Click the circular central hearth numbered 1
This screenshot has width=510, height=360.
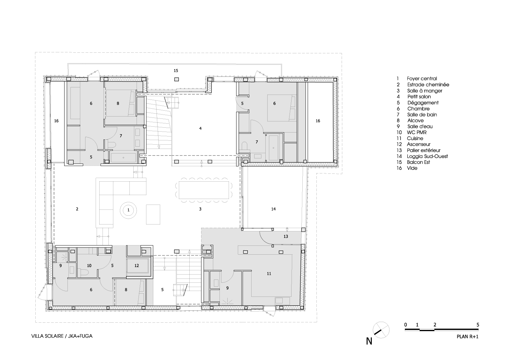(x=128, y=210)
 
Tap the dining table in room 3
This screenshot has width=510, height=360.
(x=204, y=190)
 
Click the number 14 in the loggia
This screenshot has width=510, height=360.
(x=274, y=209)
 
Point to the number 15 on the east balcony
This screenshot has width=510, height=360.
(x=176, y=70)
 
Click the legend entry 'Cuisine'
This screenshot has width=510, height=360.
(x=415, y=138)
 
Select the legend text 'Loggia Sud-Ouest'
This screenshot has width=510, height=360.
(x=427, y=156)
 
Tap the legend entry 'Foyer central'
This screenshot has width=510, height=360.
(x=422, y=79)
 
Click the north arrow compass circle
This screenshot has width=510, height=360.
(x=381, y=330)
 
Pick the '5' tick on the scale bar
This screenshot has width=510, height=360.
(x=478, y=325)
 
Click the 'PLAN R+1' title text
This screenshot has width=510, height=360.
(x=467, y=336)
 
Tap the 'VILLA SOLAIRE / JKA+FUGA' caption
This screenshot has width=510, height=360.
(x=62, y=336)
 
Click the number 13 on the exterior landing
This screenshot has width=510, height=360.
(x=286, y=237)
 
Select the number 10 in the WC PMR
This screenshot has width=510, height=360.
(x=89, y=265)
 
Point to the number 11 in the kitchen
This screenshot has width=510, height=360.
(x=269, y=274)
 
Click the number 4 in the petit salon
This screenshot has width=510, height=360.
(x=200, y=129)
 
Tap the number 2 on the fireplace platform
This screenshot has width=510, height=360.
(x=77, y=209)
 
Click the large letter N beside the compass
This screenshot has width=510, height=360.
(x=369, y=341)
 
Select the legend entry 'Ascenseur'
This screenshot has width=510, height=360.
(x=419, y=144)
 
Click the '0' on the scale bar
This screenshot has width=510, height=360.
(x=406, y=325)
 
